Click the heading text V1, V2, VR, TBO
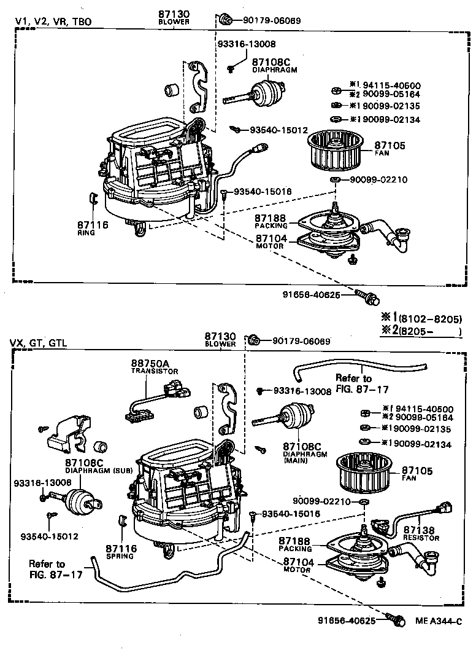(x=53, y=22)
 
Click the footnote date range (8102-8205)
(x=429, y=319)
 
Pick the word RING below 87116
(x=85, y=233)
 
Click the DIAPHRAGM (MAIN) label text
(x=305, y=458)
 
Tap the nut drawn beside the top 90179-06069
(x=225, y=20)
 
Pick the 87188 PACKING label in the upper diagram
(x=271, y=221)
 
